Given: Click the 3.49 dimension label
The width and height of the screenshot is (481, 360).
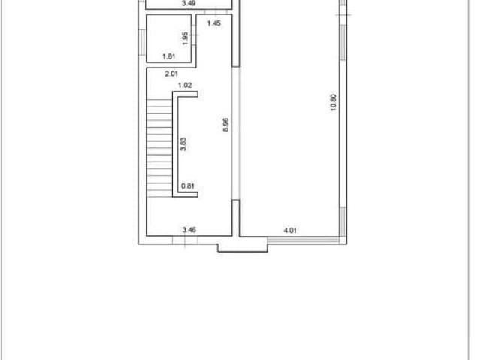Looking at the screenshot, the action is point(189,3).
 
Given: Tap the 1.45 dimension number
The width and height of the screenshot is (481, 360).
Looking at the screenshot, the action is point(213,23).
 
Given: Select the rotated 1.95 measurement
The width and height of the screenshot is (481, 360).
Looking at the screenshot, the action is point(185,38).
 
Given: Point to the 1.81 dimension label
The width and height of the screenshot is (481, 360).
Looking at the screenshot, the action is point(168,56).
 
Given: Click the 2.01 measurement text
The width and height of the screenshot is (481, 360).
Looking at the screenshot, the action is point(171,74).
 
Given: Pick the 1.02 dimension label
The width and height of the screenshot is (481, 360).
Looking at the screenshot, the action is point(185,85).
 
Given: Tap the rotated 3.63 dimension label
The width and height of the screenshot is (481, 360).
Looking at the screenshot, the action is point(183,144).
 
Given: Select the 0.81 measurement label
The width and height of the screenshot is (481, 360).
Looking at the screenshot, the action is point(188,186).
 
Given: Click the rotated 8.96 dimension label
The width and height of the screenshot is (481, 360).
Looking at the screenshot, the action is point(225,125).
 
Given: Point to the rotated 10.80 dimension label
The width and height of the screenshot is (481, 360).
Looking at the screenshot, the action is point(333,102).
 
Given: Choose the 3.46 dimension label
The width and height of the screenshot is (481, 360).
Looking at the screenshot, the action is point(189,230).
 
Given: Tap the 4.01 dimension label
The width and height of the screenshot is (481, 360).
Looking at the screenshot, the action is point(290,230).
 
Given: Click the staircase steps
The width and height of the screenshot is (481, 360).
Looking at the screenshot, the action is point(159,148).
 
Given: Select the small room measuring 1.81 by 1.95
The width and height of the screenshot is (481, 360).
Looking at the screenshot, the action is point(168,38).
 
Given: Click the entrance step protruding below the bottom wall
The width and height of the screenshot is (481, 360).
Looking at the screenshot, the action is point(243,248).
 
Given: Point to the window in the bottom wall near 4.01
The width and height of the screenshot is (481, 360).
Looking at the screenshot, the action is point(304,240).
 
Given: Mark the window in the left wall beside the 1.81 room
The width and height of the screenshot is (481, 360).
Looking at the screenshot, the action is point(142,42).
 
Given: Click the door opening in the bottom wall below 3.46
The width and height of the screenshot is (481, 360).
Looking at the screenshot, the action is point(185,240).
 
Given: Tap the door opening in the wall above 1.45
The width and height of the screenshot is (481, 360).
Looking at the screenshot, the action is point(216,12).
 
